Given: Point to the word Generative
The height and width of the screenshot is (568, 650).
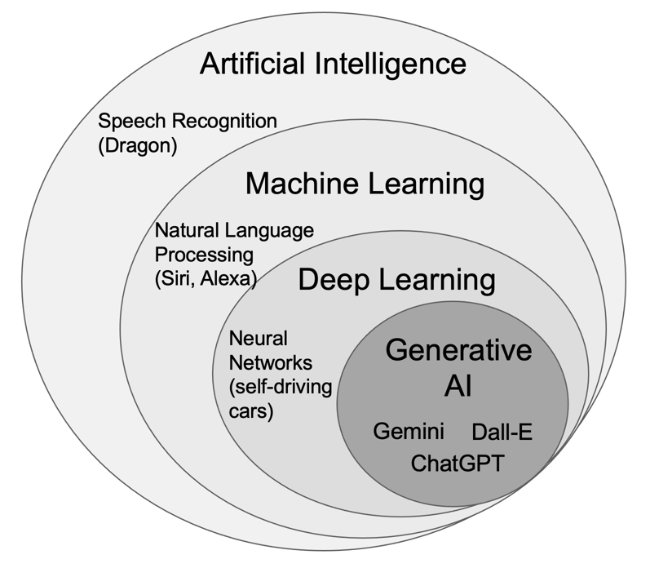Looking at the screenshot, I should (458, 350).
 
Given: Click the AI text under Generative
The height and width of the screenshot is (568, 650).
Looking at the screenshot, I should (458, 386).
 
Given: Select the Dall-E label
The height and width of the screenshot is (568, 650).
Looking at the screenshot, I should (502, 432).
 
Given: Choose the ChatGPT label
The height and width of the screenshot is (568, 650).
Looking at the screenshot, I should (458, 464).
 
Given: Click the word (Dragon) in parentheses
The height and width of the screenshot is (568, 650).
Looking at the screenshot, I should (137, 147).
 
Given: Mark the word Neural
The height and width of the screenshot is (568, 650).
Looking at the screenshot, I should (259, 337).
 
